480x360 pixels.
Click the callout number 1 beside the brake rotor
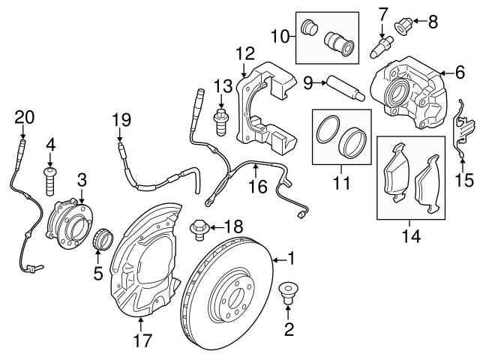click(292, 259)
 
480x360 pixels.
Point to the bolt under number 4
click(51, 178)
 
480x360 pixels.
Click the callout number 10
click(277, 35)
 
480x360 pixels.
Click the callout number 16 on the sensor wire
click(257, 184)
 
